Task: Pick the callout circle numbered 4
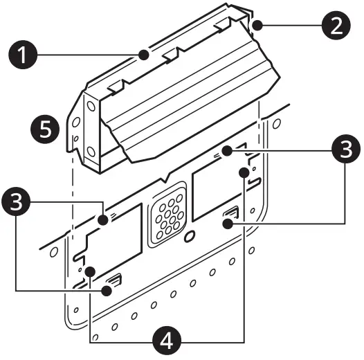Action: pos(166,340)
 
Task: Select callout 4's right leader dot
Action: pos(244,170)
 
